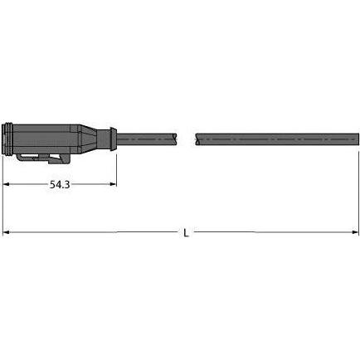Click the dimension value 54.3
[57, 186]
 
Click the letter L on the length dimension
[185, 233]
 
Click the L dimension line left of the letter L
[91, 233]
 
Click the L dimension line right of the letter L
[274, 233]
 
